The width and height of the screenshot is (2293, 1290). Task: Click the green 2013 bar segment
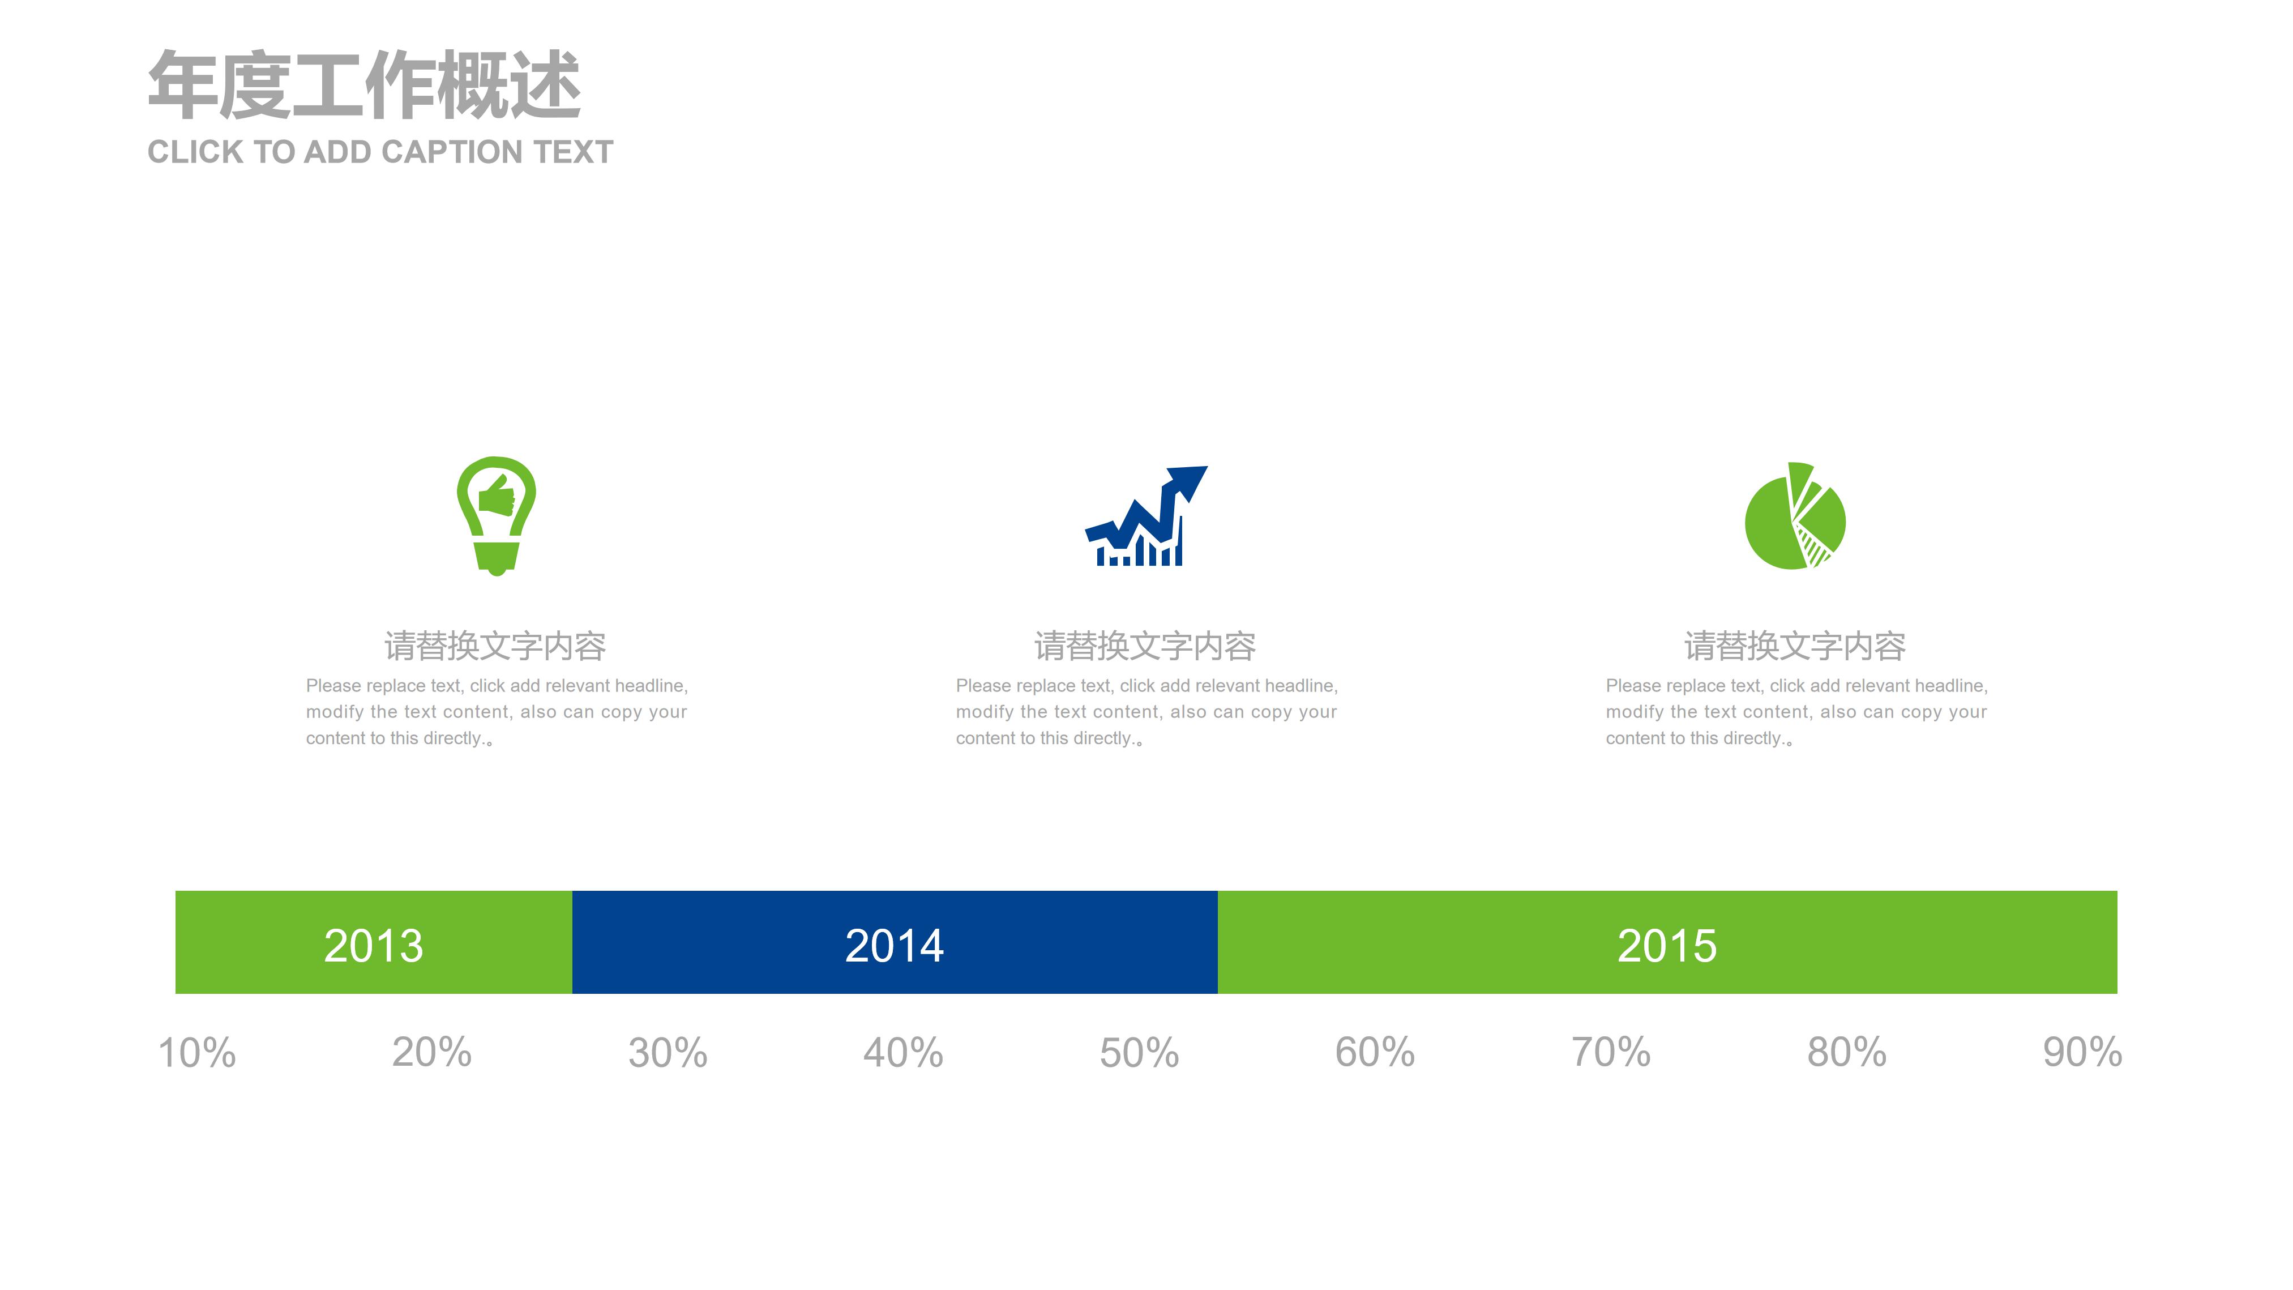(x=374, y=942)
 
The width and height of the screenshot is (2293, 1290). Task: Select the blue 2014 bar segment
(x=895, y=942)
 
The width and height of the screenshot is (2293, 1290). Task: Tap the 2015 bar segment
(x=1667, y=942)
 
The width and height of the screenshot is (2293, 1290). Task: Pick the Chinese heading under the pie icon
(x=1795, y=646)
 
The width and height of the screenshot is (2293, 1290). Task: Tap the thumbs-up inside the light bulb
(x=497, y=496)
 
